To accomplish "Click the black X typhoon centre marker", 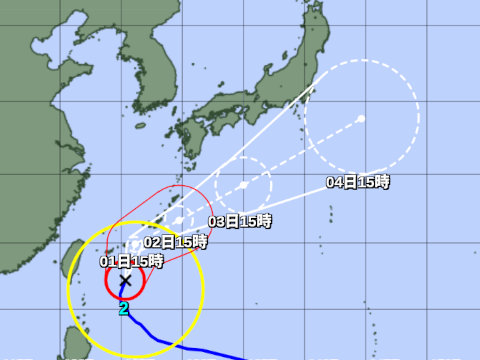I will point(125,282).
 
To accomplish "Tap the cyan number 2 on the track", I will point(124,309).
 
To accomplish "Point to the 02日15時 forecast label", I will point(175,241).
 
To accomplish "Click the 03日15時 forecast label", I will point(240,221).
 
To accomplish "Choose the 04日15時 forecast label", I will point(358,182).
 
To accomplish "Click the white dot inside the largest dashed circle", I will point(361,119).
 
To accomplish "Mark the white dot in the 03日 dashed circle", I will point(244,185).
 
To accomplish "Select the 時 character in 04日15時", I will point(383,182).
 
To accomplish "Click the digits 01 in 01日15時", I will point(108,261).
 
